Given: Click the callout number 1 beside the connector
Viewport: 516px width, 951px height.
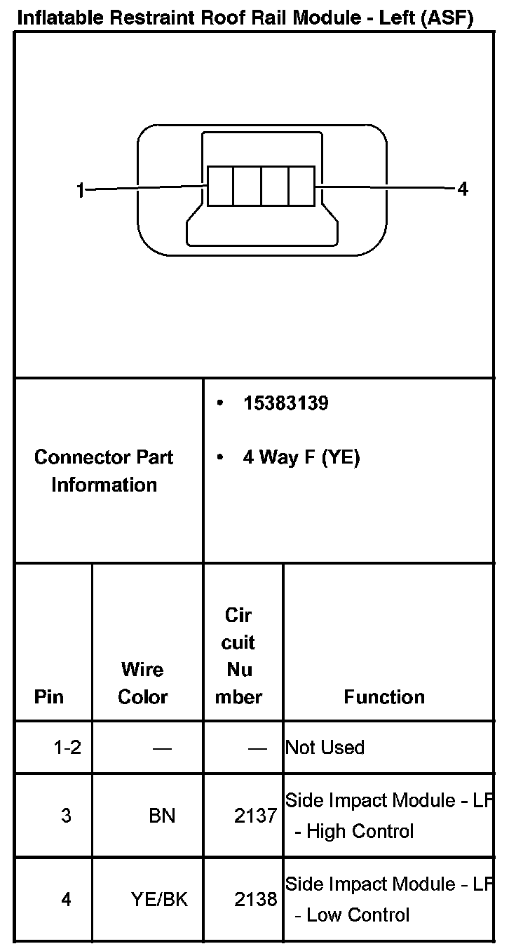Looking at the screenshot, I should pyautogui.click(x=81, y=190).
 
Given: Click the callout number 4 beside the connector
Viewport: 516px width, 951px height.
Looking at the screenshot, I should pyautogui.click(x=463, y=189).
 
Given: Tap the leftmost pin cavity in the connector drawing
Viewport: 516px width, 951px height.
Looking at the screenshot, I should pyautogui.click(x=220, y=186).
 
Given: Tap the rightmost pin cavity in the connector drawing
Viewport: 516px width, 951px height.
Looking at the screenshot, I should pyautogui.click(x=302, y=186).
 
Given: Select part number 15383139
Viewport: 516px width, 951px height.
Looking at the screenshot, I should pyautogui.click(x=285, y=403).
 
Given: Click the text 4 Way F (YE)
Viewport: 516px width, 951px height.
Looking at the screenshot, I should pyautogui.click(x=301, y=458).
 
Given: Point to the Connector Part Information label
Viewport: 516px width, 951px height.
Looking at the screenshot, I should pyautogui.click(x=104, y=471).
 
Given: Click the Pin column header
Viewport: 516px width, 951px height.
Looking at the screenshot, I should pyautogui.click(x=48, y=697).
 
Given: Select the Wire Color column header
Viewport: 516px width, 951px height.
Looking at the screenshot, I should pyautogui.click(x=143, y=683).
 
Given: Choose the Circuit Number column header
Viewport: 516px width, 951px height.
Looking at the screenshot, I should pyautogui.click(x=239, y=656).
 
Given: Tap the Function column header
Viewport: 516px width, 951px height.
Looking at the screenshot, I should pyautogui.click(x=384, y=697).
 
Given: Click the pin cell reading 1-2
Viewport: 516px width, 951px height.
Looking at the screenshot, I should pyautogui.click(x=67, y=748).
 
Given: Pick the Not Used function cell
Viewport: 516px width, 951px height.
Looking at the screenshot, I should pyautogui.click(x=325, y=748).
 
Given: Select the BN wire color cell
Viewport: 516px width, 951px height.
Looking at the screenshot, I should pyautogui.click(x=162, y=816).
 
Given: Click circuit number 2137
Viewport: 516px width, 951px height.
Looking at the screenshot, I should pyautogui.click(x=255, y=816).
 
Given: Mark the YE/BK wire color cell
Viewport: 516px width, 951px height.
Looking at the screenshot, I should pyautogui.click(x=159, y=899).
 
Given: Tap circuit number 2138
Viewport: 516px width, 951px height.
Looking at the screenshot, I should pyautogui.click(x=255, y=899).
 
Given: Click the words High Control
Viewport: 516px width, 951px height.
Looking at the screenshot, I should pyautogui.click(x=360, y=832).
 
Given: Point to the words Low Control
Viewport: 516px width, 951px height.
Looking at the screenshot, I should pyautogui.click(x=358, y=915).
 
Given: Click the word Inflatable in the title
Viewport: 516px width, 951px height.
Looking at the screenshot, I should pyautogui.click(x=55, y=18).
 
